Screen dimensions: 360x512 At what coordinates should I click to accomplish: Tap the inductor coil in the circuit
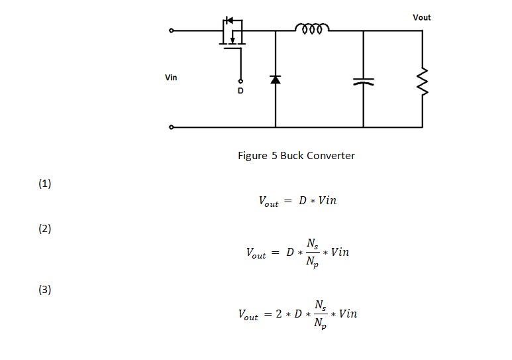point(311,29)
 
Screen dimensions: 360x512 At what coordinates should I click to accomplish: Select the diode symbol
point(276,80)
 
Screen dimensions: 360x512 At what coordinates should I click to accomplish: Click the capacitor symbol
point(363,82)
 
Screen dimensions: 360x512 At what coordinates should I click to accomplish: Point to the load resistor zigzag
point(422,81)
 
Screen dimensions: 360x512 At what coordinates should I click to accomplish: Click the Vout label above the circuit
point(421,17)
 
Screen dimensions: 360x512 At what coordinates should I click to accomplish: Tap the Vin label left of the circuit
point(171,78)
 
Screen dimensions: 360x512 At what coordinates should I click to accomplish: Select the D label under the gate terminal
point(240,91)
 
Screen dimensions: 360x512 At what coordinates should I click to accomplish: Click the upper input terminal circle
point(172,30)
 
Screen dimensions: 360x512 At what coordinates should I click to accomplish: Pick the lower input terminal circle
point(172,127)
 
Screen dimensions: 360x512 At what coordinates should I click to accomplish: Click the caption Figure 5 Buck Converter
point(296,156)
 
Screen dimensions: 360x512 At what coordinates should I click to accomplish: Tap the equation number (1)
point(44,184)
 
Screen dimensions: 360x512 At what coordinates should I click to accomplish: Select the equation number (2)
point(44,229)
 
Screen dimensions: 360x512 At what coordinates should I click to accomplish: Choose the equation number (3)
point(44,290)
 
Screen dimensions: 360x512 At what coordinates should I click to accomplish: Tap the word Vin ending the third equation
point(348,314)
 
